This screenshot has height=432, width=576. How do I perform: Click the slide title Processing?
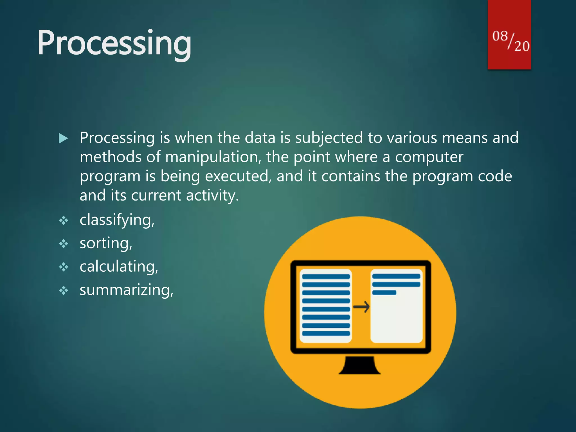coord(114,44)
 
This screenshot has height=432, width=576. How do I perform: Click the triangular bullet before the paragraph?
coord(63,138)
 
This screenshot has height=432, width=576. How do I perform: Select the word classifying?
coord(116,220)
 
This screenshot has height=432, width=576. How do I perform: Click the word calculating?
coord(118,267)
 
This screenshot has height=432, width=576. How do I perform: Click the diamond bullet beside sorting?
coord(64,244)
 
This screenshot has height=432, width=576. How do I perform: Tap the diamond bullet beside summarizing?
coord(64,290)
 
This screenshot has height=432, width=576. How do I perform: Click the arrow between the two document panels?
coord(361,307)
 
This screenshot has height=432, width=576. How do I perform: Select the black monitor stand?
coord(359,365)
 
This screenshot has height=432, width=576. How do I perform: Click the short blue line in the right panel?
coord(384,293)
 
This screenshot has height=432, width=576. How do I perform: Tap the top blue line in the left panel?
coord(326,276)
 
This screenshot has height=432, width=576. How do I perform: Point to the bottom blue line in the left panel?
coord(326,334)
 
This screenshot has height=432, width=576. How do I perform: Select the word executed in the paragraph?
coord(238,177)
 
